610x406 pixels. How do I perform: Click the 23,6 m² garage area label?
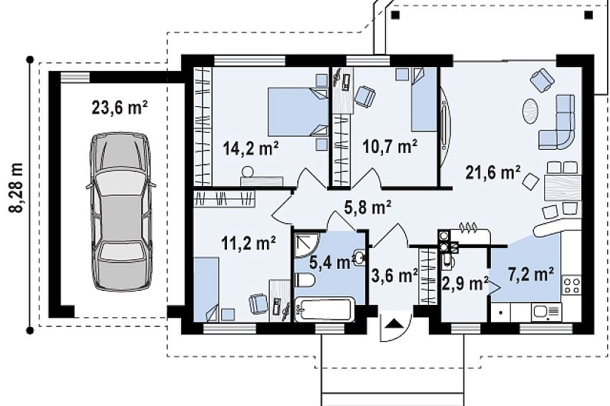(x=120, y=108)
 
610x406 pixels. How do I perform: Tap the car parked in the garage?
(x=121, y=212)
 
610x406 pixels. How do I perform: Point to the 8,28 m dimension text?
(x=16, y=187)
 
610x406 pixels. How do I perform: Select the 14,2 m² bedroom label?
(x=251, y=148)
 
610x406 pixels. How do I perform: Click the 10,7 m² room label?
(x=390, y=147)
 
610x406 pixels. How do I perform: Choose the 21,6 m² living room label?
(x=493, y=172)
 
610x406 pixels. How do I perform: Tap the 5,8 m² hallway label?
(x=367, y=208)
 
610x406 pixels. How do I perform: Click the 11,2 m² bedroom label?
(x=248, y=244)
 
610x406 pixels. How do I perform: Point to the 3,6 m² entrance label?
(x=395, y=275)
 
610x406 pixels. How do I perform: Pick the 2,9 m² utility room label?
(x=465, y=283)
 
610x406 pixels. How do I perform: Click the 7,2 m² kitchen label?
(x=531, y=275)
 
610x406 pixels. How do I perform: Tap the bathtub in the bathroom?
(x=325, y=309)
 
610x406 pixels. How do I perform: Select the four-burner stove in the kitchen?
(x=572, y=285)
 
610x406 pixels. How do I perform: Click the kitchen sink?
(x=546, y=312)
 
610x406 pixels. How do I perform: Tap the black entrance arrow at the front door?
(x=393, y=323)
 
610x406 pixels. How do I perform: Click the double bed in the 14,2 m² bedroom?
(x=299, y=111)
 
